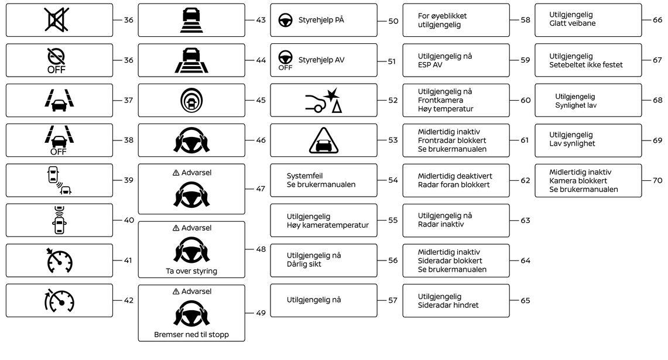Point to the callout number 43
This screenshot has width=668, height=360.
pyautogui.click(x=261, y=20)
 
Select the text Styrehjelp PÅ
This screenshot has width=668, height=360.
pyautogui.click(x=321, y=20)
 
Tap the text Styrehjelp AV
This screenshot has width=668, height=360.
pyautogui.click(x=321, y=60)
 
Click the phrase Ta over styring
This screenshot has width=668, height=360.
pyautogui.click(x=191, y=271)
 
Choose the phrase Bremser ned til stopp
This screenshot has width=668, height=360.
pyautogui.click(x=191, y=335)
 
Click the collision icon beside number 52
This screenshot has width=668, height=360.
pyautogui.click(x=323, y=100)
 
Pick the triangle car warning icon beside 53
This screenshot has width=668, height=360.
pyautogui.click(x=323, y=140)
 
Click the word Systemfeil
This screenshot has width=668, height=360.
pyautogui.click(x=304, y=176)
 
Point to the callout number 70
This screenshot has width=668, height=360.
pyautogui.click(x=657, y=180)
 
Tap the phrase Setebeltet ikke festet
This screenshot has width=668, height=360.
pyautogui.click(x=586, y=65)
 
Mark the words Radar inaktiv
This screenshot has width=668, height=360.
pyautogui.click(x=441, y=224)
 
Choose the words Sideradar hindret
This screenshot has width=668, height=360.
pyautogui.click(x=448, y=305)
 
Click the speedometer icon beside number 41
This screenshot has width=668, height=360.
pyautogui.click(x=59, y=260)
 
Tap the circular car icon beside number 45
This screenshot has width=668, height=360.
pyautogui.click(x=191, y=100)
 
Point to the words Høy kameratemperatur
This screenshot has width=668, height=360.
pyautogui.click(x=327, y=225)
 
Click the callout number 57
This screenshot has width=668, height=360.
pyautogui.click(x=393, y=300)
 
